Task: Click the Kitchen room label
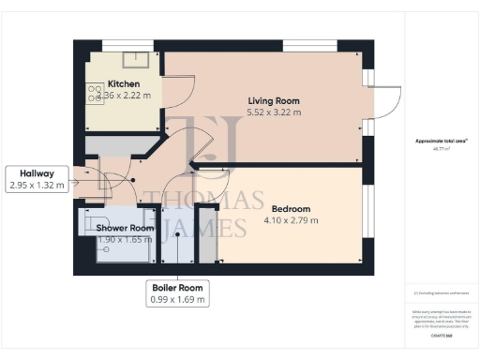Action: pos(123,82)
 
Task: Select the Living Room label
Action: pos(274,100)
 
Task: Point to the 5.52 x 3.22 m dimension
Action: pos(274,112)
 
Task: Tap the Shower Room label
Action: pos(125,228)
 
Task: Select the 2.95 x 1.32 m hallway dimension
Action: pos(37,186)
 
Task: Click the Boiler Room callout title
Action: pos(177,287)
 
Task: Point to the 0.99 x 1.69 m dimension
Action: pos(177,299)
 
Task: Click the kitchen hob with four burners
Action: pos(96,93)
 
